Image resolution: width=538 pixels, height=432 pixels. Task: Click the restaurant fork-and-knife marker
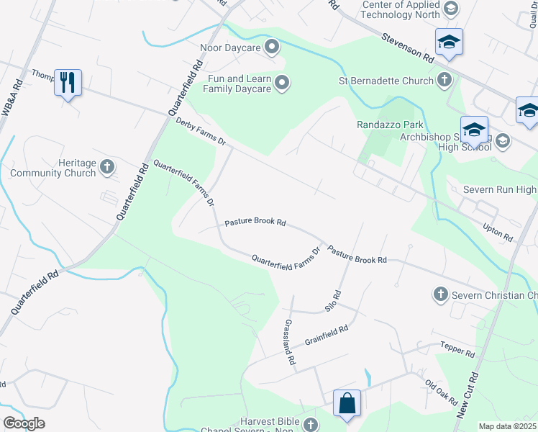(x=68, y=82)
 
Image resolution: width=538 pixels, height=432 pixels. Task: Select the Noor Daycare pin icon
(x=273, y=48)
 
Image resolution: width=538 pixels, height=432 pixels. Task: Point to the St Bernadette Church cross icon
(x=444, y=80)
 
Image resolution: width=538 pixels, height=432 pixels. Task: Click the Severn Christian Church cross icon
(x=440, y=294)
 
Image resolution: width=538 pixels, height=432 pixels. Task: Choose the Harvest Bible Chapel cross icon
(x=310, y=425)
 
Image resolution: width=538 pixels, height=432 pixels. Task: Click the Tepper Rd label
(x=458, y=350)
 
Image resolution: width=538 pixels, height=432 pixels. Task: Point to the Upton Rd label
(x=498, y=232)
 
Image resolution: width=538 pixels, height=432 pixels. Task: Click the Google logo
(x=24, y=423)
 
